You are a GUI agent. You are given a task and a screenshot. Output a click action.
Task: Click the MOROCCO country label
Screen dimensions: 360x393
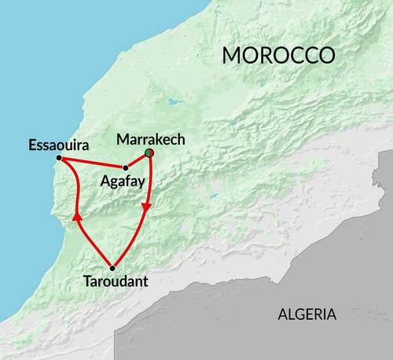[x=278, y=56]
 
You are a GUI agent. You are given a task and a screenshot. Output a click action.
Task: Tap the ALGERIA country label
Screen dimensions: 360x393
[x=307, y=314]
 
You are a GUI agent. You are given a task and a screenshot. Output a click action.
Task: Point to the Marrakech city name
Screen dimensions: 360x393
[x=150, y=139]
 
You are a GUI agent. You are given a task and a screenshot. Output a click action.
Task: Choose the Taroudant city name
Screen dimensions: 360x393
[x=114, y=280]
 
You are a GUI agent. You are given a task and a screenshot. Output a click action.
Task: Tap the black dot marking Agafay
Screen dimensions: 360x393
[x=126, y=167]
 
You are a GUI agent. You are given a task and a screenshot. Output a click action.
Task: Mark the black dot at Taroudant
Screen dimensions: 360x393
[x=112, y=267]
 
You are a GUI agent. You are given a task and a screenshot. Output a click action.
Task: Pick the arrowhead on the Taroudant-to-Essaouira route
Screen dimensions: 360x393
[x=75, y=215]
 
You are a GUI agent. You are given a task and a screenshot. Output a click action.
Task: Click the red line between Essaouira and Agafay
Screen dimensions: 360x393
[x=93, y=163]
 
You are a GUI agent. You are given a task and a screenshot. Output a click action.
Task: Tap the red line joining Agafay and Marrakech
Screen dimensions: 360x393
[x=138, y=160]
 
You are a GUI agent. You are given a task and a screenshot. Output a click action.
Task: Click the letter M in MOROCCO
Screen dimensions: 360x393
[x=232, y=56]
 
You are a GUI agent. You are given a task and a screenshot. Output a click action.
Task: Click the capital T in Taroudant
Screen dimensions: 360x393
[x=86, y=280]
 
